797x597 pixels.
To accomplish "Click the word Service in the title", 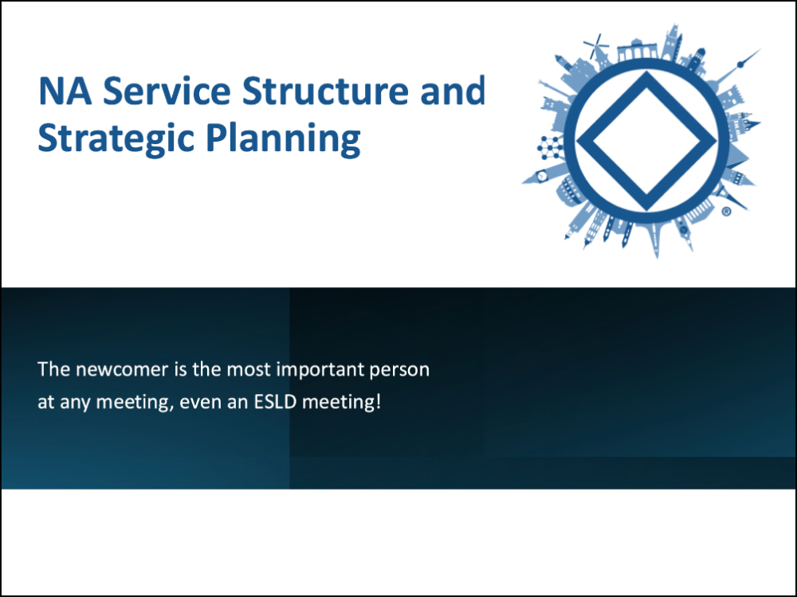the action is [167, 91].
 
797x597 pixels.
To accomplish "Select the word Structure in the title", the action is [325, 91].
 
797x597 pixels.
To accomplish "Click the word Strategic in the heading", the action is [116, 138].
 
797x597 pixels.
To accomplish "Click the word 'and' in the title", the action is [453, 91].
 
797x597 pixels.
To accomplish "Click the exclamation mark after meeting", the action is [378, 401].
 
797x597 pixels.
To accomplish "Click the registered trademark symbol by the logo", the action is [726, 212].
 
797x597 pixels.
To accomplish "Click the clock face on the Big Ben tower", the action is [542, 176].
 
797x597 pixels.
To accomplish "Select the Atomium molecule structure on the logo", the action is [550, 147].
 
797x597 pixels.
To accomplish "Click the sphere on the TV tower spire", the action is [740, 64].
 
